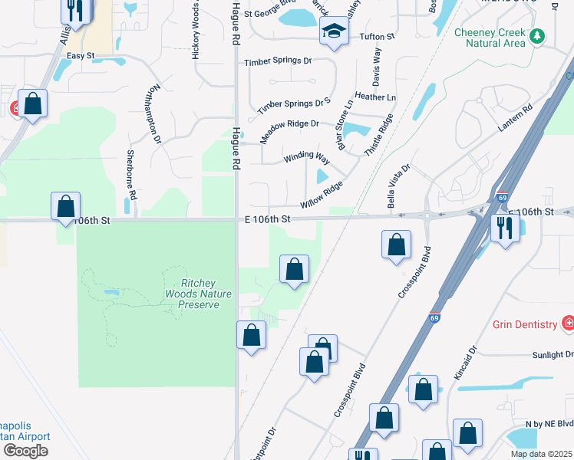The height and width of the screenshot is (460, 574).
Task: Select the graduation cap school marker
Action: point(334,32)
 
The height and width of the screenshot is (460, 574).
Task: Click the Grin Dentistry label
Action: point(525,324)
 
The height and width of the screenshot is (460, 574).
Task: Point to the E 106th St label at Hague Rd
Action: point(268,219)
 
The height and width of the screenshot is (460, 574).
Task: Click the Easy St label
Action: point(80,56)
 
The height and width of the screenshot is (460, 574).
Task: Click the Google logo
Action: point(25,451)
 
